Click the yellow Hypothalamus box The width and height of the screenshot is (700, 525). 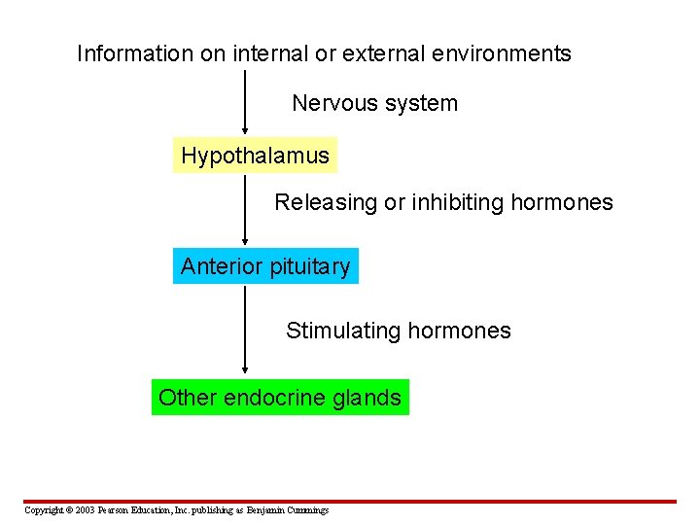(x=255, y=156)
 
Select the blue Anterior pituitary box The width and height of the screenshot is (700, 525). (x=265, y=266)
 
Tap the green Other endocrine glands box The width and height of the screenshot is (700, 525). (x=280, y=398)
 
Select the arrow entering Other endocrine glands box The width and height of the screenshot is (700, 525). (x=244, y=331)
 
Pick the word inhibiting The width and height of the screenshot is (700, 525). (x=453, y=202)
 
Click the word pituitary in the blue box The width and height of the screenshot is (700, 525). (x=307, y=266)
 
